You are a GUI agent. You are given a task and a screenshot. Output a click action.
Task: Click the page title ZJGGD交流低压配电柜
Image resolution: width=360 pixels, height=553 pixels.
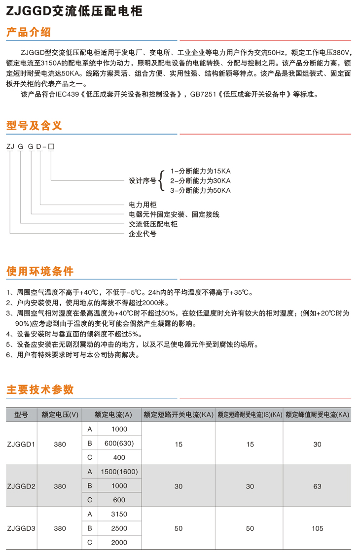coord(74,10)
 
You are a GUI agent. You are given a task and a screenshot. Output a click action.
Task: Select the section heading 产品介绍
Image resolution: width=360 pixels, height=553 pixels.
coord(28,33)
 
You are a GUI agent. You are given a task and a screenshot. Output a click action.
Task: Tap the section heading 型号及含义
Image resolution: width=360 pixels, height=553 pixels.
coord(34,126)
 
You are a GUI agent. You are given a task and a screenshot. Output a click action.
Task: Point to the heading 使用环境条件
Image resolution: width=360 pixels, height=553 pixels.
coord(40,272)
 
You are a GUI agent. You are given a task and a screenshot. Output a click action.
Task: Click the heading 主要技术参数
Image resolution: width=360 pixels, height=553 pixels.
coord(40,390)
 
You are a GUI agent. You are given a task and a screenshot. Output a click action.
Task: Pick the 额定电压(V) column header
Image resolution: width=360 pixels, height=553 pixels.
coord(60,415)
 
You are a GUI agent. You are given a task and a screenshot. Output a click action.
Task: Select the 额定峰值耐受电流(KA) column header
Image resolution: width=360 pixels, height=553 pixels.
coord(317,415)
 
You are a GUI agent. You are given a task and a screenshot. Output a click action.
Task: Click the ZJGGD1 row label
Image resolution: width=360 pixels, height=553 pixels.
coord(21,444)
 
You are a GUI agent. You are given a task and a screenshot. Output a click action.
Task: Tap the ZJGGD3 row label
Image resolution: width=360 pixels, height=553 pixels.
coord(21,528)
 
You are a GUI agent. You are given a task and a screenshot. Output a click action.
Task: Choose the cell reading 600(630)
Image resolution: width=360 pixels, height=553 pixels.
coord(119,443)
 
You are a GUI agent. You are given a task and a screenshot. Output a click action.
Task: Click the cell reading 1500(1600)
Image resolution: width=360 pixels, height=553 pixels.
coord(119,472)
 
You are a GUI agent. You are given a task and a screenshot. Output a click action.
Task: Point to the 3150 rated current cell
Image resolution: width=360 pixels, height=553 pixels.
coord(119,514)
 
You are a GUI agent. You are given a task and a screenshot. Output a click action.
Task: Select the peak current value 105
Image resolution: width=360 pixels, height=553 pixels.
coord(317,528)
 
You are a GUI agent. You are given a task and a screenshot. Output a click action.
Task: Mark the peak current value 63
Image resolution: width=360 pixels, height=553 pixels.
coord(317,486)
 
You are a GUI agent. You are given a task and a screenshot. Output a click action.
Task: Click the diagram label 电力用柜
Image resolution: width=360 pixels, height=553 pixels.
coord(143,204)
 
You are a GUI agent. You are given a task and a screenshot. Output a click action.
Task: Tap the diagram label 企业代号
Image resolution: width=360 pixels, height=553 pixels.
coord(143,234)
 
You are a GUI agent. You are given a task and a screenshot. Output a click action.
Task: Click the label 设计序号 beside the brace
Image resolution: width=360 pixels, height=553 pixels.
coord(143,180)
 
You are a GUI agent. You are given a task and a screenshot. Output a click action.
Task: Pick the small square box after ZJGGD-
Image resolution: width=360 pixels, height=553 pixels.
coord(51,147)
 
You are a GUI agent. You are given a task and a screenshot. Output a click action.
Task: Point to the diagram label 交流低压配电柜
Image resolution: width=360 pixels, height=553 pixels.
coord(153,224)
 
